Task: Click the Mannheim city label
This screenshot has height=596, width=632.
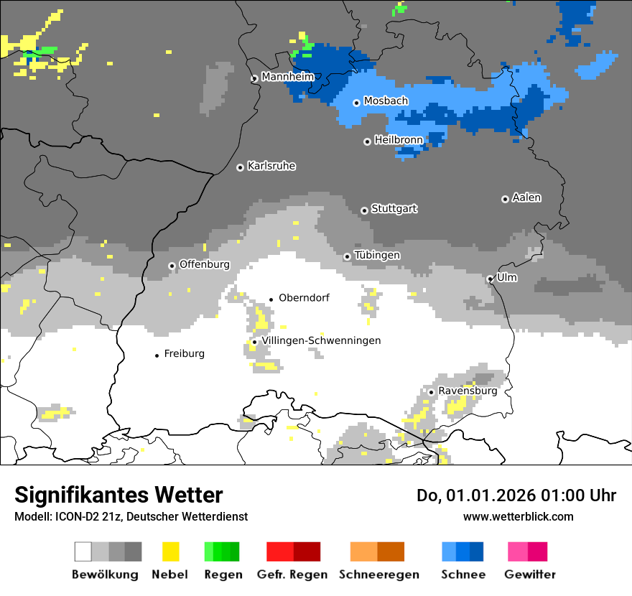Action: [x=287, y=77]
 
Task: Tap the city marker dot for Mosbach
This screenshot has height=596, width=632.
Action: [x=356, y=103]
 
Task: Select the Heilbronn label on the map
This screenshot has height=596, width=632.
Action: [x=399, y=140]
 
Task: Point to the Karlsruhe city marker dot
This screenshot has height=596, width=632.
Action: [x=241, y=167]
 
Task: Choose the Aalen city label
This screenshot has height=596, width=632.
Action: [x=526, y=197]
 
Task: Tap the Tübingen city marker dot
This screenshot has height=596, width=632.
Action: [x=348, y=256]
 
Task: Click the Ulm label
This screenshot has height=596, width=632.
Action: [x=507, y=277]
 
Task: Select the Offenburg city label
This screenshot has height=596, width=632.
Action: [x=205, y=264]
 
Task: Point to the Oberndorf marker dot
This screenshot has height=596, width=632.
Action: [x=271, y=299]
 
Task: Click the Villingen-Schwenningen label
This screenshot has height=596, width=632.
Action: [x=321, y=340]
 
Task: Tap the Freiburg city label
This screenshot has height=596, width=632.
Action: [x=185, y=354]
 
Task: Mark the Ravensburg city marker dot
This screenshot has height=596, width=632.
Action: [x=431, y=392]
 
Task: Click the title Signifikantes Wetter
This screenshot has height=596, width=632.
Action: [x=118, y=495]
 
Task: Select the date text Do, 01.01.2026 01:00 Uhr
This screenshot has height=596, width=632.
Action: [x=516, y=495]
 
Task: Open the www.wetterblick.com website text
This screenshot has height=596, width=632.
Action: [x=518, y=516]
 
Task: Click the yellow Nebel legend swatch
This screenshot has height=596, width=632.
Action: [x=170, y=551]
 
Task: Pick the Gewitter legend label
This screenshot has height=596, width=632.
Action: [x=530, y=574]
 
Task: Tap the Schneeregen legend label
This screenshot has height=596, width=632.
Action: [x=378, y=574]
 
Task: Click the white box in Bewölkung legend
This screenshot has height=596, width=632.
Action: [x=83, y=551]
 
